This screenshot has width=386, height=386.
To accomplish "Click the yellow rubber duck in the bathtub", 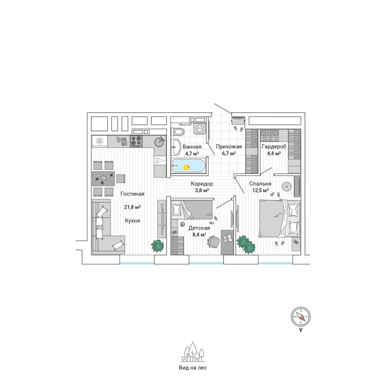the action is coord(187,167).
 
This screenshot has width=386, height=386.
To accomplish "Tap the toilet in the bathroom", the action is coord(178,132).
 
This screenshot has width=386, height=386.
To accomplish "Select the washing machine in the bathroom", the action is coord(199,128).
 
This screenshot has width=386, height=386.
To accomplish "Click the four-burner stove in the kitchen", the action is coord(136,142).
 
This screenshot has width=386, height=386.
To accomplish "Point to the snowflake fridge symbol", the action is coord(99,141).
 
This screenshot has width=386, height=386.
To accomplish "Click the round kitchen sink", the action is coord(160,142).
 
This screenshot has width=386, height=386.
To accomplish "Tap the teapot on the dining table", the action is coord(103,178).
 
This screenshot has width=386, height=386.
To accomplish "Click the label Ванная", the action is coord(192,147).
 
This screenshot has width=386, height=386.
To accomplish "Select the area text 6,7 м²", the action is coord(229,153).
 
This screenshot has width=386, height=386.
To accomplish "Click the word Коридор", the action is coord(202,184).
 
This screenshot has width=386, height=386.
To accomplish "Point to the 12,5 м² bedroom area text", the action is coord(261,190).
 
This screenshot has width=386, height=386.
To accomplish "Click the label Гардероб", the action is coord(274,147).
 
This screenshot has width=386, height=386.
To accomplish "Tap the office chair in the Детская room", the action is coord(214,242).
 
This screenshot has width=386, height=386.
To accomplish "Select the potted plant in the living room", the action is coord(158,246).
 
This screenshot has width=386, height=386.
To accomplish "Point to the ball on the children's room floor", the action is coord(182,224).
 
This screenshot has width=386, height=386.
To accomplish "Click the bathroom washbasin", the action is coord(176,147).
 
